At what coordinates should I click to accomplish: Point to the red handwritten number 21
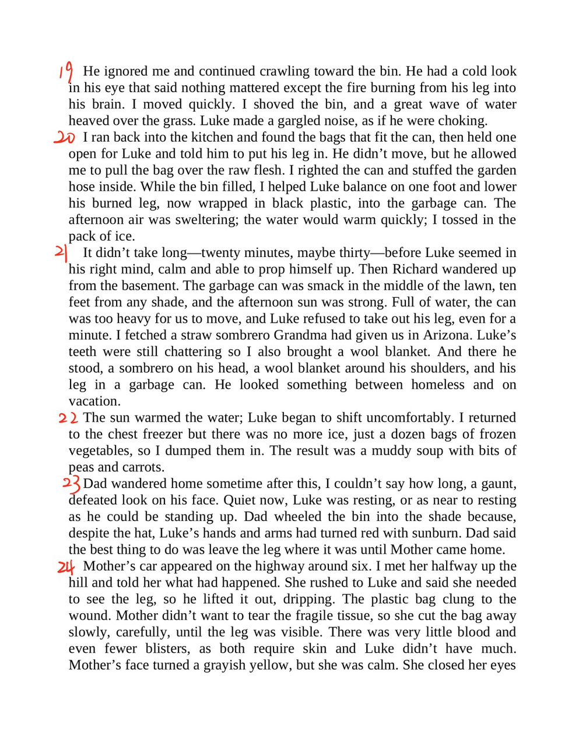coord(61,253)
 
